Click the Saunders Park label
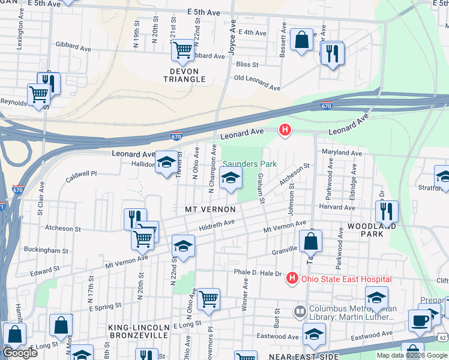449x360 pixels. [249, 164]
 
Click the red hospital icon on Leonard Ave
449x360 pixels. [285, 130]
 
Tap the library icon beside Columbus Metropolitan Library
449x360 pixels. [300, 312]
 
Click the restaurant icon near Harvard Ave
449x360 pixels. [387, 211]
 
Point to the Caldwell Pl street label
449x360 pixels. [81, 173]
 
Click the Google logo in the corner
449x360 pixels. [20, 353]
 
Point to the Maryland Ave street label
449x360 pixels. [343, 153]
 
